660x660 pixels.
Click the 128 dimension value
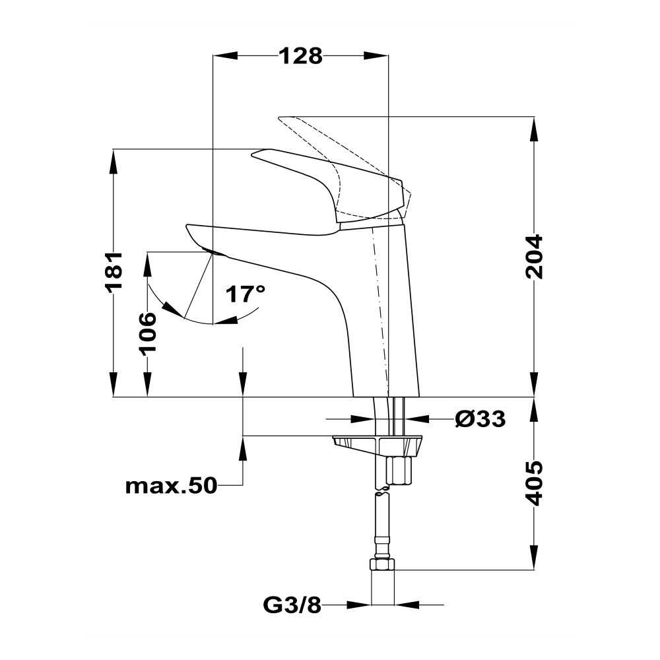301,56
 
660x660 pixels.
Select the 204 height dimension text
534,257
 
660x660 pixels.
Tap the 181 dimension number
114,271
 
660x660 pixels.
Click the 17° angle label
246,294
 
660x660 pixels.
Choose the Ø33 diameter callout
480,419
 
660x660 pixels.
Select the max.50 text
172,486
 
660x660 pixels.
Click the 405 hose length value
534,483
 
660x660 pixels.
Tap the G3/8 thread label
292,605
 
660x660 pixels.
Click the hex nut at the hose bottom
382,564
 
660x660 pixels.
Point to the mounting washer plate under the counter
377,445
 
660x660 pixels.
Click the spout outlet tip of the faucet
214,253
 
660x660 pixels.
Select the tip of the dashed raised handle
279,118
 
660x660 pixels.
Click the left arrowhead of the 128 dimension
225,55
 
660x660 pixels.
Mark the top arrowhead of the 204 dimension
534,129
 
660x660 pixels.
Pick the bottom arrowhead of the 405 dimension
534,558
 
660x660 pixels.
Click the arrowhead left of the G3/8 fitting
358,605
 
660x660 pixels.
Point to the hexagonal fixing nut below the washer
400,471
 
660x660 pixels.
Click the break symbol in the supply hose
381,490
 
